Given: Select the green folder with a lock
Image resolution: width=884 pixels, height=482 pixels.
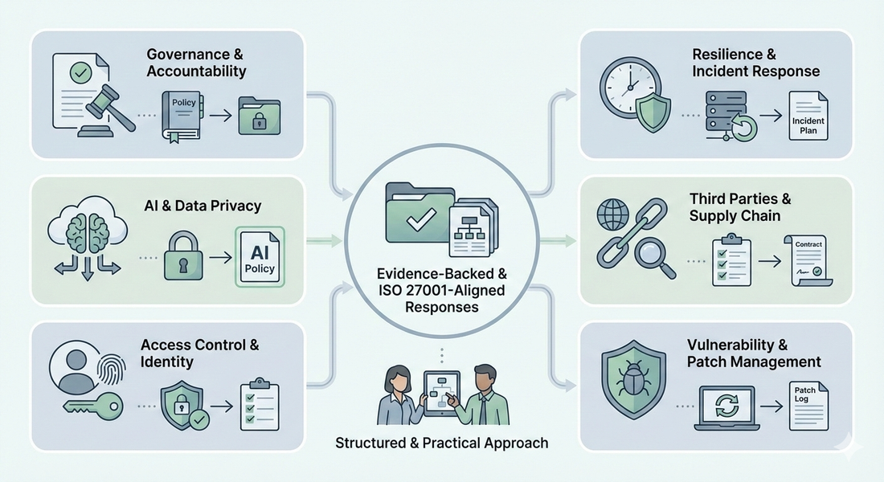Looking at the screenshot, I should [x=260, y=114].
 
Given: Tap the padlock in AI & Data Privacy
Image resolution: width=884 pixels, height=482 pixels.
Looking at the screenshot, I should [x=185, y=255].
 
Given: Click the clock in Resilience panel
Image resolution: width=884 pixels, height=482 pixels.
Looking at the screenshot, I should [x=628, y=86].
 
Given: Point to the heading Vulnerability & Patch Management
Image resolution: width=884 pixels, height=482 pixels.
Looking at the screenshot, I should [x=754, y=353].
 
